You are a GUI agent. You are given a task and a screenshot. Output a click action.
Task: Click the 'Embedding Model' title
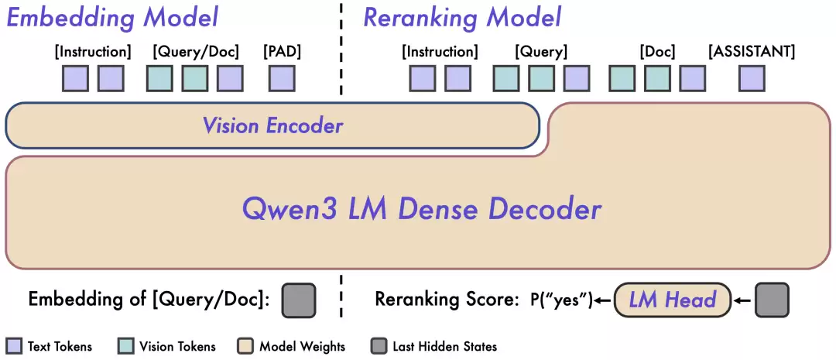[113, 17]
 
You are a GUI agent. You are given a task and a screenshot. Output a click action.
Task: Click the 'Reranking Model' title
[462, 17]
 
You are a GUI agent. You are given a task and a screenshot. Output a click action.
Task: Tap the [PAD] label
[282, 53]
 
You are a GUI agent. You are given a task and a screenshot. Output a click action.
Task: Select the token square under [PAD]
[282, 78]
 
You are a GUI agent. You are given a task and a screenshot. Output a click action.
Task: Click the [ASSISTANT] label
[752, 53]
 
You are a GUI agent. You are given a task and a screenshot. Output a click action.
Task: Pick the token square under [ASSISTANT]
[752, 78]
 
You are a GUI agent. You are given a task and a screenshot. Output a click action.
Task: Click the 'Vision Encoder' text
[272, 125]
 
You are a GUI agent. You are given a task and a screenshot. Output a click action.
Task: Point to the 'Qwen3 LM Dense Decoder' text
[422, 209]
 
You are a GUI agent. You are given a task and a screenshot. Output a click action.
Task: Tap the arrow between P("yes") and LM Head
[604, 300]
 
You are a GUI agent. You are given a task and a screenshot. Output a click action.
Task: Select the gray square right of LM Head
[772, 300]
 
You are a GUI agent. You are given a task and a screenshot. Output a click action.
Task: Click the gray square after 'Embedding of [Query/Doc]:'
[299, 300]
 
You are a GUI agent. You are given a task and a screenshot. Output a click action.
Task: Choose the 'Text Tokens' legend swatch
[14, 345]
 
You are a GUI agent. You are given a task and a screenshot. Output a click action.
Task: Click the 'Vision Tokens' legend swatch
[126, 345]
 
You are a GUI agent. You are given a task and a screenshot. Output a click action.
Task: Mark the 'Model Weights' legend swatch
[245, 345]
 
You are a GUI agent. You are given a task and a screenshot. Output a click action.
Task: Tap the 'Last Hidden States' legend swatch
[379, 345]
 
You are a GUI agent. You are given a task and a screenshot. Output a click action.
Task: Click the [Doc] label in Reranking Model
[657, 53]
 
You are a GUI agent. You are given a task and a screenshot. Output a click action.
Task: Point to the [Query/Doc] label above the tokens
[196, 53]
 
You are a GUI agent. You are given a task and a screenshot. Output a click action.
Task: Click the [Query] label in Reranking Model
[541, 53]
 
